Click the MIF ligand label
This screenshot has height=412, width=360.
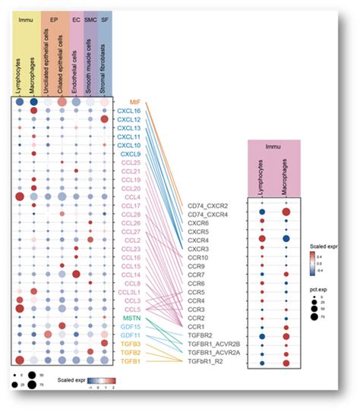(x=133, y=101)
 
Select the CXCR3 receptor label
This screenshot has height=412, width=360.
(x=198, y=249)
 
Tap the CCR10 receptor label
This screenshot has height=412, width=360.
(x=198, y=257)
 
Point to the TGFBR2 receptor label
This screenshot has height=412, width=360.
(x=201, y=335)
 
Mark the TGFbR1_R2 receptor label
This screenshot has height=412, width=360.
(x=206, y=362)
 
